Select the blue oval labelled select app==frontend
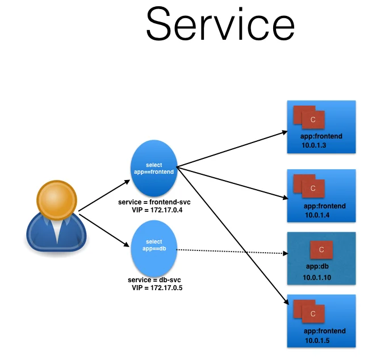[154, 168]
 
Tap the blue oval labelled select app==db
[154, 245]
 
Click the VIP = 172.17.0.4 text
[158, 210]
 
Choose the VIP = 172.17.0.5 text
[157, 288]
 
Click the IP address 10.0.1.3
[314, 146]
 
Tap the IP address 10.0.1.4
[317, 215]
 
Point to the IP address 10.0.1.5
[317, 340]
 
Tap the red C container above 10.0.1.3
[313, 120]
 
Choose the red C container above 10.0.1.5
[313, 313]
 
